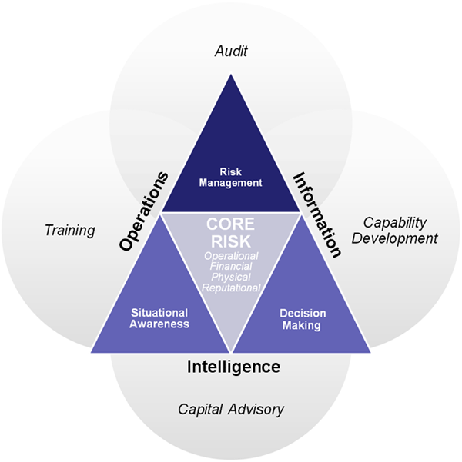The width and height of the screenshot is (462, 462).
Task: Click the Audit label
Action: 231,52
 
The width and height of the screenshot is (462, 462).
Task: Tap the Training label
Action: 69,230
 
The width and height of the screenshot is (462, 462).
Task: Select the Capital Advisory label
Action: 231,409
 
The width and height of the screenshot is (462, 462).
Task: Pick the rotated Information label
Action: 316,214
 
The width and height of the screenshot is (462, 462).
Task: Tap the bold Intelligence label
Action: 233,367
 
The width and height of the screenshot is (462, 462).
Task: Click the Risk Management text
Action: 231,178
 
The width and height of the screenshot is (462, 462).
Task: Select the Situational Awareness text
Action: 159,318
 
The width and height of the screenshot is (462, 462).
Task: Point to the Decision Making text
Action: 303,319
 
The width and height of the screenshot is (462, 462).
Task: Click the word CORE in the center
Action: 231,226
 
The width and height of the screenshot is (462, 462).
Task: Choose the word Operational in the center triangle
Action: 231,256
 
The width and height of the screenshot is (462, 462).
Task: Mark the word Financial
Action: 231,267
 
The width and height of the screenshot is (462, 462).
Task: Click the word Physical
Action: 231,277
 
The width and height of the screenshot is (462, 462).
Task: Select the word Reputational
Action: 231,288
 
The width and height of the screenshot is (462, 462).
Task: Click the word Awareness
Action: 159,324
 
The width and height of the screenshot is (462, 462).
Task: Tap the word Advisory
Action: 257,409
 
